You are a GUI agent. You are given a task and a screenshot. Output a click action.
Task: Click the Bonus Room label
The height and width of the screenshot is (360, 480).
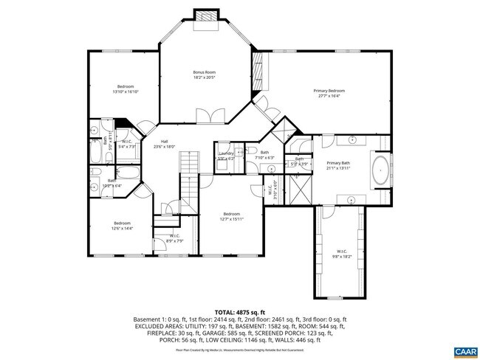(204, 74)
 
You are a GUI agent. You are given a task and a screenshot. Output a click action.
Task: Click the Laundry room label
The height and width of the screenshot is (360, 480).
(225, 155)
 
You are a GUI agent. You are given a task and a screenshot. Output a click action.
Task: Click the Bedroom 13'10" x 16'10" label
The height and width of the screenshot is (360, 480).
(125, 89)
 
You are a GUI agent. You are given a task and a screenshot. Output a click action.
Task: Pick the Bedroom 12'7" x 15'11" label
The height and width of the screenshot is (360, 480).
(231, 215)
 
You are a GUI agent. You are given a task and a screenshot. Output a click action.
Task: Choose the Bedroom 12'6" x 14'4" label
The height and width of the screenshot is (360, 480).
(122, 225)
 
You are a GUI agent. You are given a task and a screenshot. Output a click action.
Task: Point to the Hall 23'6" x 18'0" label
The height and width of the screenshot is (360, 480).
(164, 144)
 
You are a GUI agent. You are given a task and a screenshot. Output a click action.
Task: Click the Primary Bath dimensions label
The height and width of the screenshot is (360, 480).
(338, 166)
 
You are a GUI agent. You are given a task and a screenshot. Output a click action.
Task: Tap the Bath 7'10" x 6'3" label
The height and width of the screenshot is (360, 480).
(264, 154)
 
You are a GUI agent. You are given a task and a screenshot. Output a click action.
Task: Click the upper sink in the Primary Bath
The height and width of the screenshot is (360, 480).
(352, 139)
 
